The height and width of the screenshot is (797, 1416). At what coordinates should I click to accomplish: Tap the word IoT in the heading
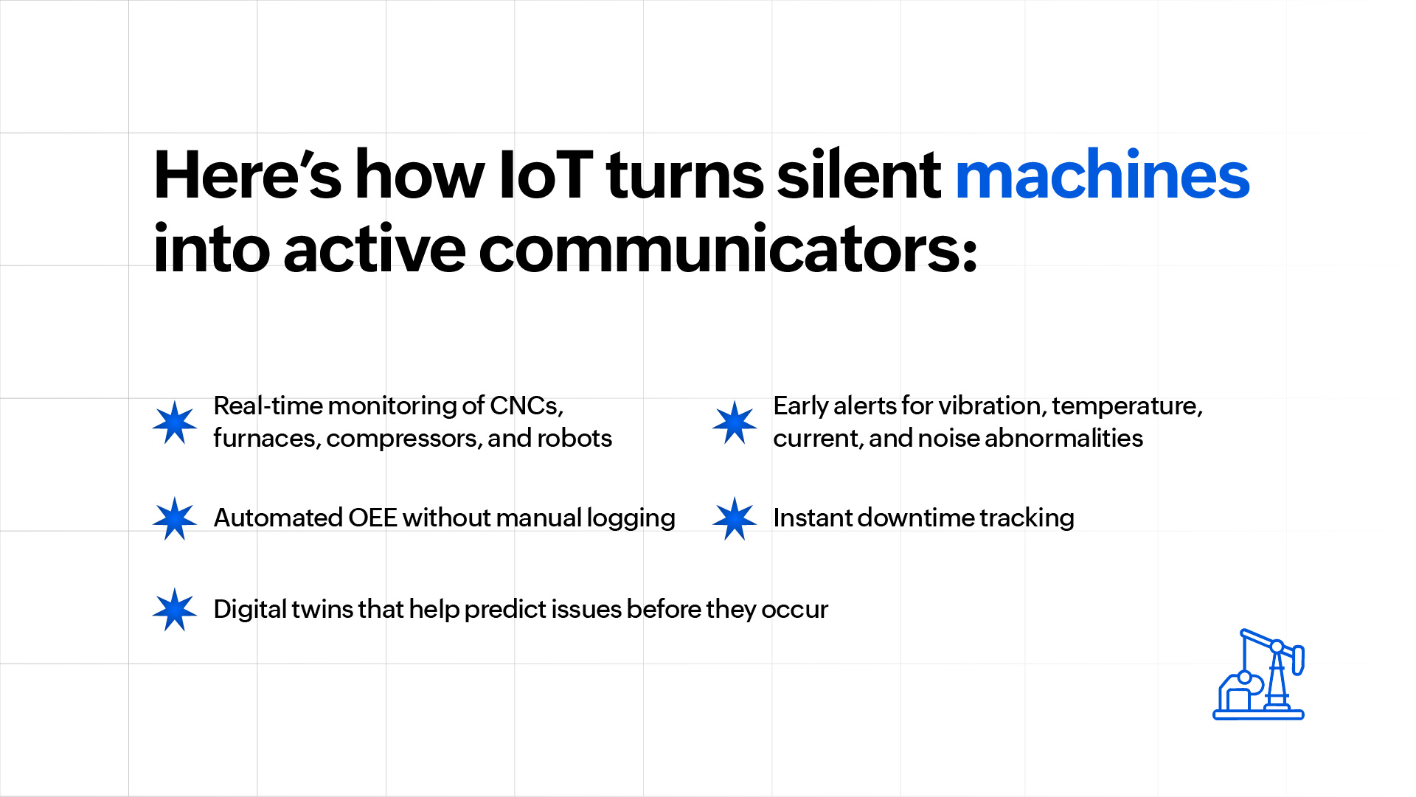point(546,175)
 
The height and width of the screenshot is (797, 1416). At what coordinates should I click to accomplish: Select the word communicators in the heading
point(728,248)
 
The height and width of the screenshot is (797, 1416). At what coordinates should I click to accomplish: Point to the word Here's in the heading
point(247,175)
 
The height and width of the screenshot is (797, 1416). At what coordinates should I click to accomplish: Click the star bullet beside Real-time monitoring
point(175,422)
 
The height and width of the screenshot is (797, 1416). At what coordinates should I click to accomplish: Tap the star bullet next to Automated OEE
point(175,518)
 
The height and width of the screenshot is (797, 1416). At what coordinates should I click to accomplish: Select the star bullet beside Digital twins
point(175,610)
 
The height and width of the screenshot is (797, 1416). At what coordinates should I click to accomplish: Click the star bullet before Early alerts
point(735,422)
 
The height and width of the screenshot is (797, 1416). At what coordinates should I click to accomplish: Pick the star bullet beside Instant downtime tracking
point(735,518)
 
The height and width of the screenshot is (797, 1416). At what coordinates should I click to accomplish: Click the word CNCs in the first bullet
point(527,406)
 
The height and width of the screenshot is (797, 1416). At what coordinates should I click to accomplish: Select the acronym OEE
point(372,518)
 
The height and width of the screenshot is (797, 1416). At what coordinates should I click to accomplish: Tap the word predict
point(504,610)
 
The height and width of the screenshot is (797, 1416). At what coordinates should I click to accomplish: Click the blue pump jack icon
point(1259,674)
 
